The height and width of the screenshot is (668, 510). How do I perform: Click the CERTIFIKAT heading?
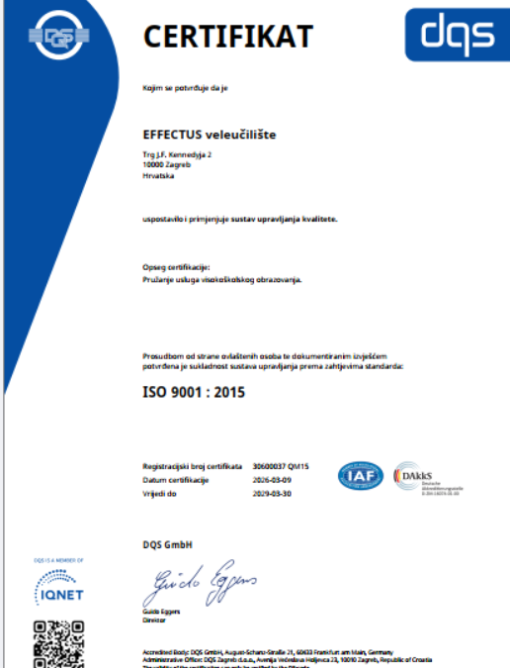[x=228, y=37]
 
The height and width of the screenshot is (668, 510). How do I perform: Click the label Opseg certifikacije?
[x=177, y=267]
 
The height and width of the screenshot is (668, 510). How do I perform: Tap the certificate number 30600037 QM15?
[x=282, y=466]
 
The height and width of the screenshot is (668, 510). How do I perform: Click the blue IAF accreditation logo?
[x=361, y=475]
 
